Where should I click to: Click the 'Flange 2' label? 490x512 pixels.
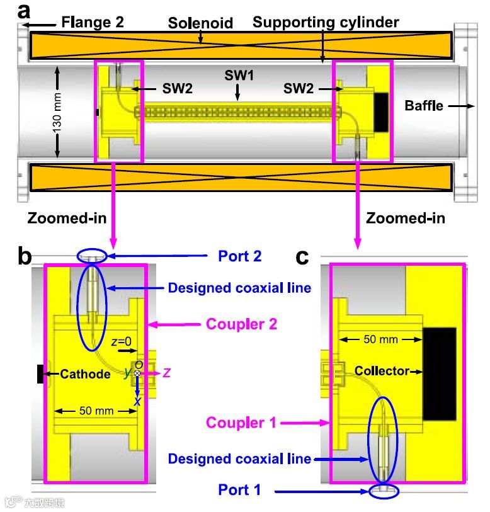[93, 23]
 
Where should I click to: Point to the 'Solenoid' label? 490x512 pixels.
[200, 23]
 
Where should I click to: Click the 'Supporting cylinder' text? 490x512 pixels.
[326, 23]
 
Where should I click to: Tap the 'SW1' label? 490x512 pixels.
[239, 75]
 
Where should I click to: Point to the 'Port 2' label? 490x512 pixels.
[239, 256]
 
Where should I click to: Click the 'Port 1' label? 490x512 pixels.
[239, 489]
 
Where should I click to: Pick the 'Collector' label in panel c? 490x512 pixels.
[382, 371]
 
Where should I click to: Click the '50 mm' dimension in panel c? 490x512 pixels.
[381, 339]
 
